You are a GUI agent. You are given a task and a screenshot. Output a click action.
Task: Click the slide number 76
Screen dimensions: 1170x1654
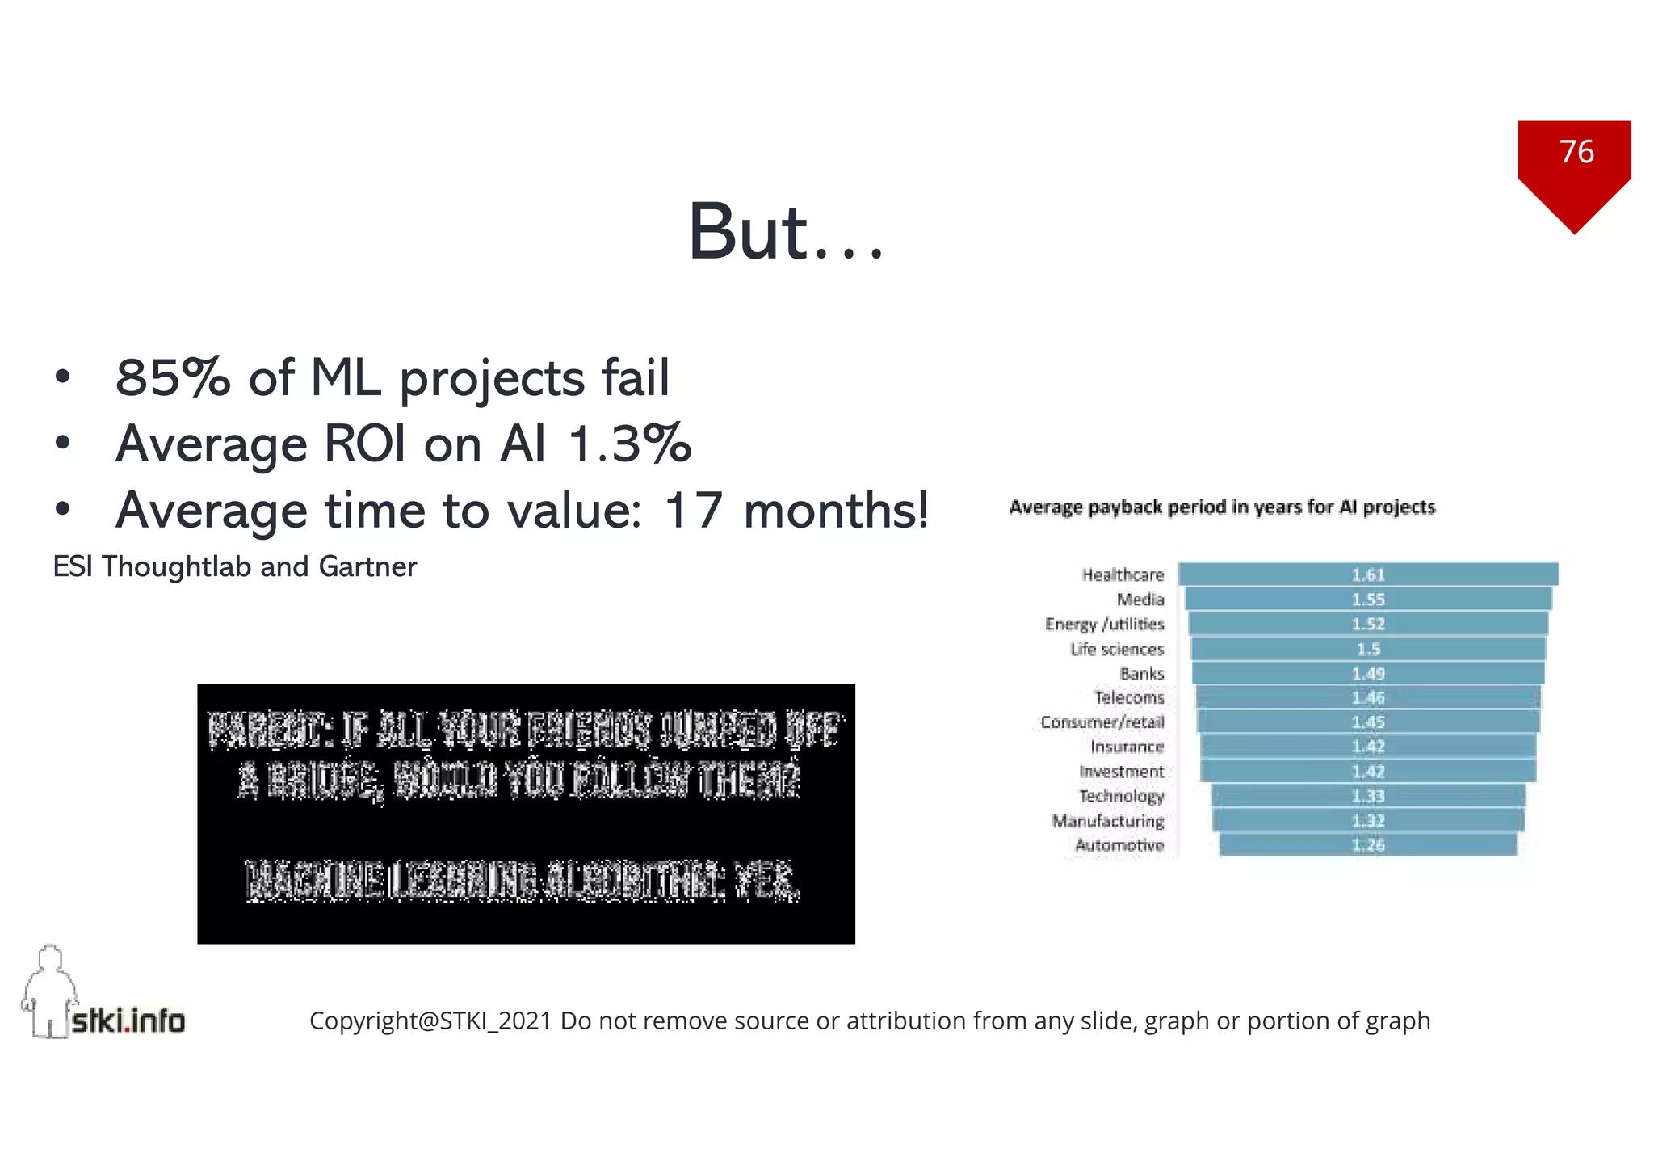[1576, 152]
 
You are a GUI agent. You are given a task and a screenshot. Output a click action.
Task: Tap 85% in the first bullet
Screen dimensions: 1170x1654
[172, 377]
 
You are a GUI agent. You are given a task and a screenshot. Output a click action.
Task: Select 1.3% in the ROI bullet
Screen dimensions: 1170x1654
[630, 444]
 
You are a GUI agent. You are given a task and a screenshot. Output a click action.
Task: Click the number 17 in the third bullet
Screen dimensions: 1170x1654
[692, 511]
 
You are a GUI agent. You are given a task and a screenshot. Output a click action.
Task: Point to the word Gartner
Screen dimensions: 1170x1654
[367, 567]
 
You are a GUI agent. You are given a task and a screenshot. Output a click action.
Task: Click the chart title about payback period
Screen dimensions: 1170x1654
[1222, 507]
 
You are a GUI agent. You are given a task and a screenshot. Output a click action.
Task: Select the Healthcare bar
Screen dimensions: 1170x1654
[1368, 574]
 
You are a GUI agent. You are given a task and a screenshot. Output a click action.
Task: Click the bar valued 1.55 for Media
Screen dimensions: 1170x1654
[1368, 600]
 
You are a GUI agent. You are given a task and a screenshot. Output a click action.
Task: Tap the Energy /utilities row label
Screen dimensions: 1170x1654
[1104, 625]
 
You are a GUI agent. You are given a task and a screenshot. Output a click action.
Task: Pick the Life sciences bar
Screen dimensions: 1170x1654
[1368, 649]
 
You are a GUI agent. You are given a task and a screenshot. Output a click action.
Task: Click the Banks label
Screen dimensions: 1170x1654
[1141, 674]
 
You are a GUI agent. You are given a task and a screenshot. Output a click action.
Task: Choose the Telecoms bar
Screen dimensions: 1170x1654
[1368, 697]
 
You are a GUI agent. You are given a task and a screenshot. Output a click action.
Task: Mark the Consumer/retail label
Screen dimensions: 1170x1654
[1102, 722]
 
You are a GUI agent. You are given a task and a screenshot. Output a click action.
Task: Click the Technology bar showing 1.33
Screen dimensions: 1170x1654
[1368, 796]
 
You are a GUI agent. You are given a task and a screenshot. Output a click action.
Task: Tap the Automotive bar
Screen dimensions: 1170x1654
[1368, 845]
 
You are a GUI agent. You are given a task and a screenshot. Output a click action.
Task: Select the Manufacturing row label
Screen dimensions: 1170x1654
[1107, 821]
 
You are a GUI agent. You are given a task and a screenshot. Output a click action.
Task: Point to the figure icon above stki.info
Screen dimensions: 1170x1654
[50, 990]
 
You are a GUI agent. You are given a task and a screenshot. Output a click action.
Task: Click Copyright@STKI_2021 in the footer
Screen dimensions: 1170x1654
[430, 1021]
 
